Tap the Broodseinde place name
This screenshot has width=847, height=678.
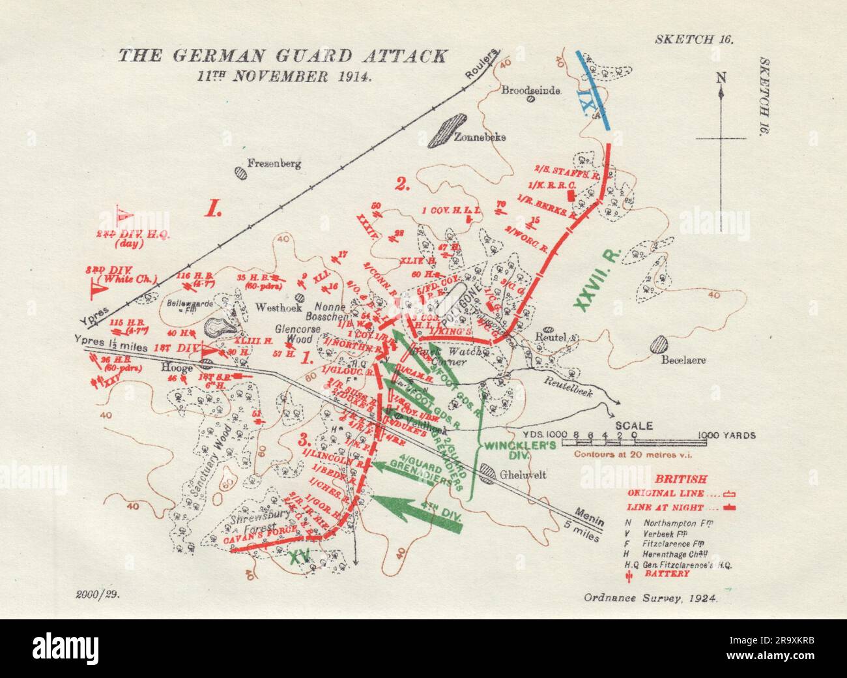530,91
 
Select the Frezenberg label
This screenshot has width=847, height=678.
274,164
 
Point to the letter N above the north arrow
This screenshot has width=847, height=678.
720,79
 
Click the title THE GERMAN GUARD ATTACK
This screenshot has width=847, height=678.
282,56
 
